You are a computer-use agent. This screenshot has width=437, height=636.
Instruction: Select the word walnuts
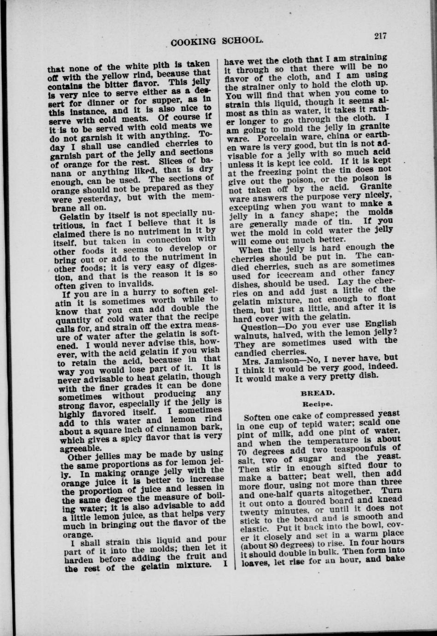point(252,334)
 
